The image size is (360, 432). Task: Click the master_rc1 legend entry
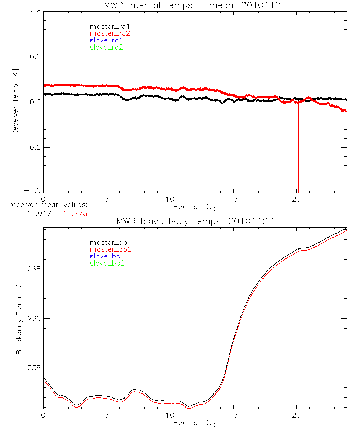tap(110, 27)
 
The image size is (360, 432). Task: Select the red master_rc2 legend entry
tap(110, 33)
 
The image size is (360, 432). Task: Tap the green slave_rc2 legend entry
tap(107, 48)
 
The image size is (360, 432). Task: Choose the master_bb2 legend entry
tap(111, 249)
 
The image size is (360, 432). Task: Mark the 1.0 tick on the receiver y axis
tap(35, 12)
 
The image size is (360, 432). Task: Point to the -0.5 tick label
tap(33, 148)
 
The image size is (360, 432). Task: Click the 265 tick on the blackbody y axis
tap(34, 269)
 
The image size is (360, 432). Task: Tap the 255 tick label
tap(34, 368)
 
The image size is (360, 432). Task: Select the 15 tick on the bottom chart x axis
tap(233, 415)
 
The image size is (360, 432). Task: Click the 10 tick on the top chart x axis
tap(170, 199)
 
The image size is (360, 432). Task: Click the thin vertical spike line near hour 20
tap(298, 151)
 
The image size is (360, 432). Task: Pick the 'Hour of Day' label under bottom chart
tap(195, 423)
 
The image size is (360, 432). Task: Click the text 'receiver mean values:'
tap(49, 205)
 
